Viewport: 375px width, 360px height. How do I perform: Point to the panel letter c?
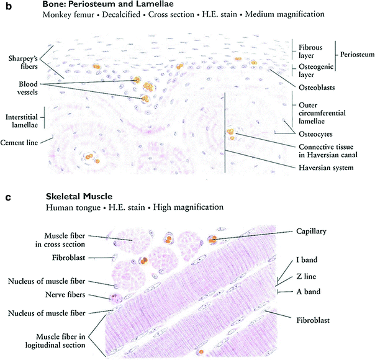(6, 197)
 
